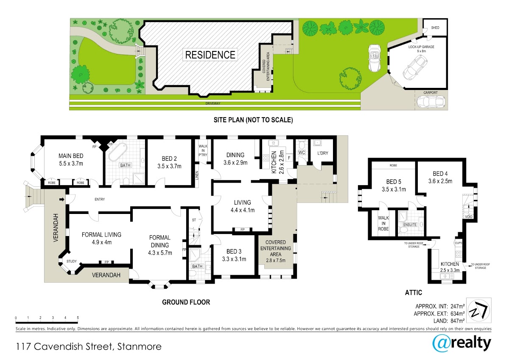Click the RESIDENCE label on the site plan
point(210,55)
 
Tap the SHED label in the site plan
point(435,28)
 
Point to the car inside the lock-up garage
point(415,67)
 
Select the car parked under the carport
point(431,101)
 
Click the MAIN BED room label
point(71,156)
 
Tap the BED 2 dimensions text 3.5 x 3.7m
point(170,166)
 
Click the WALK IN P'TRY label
point(203,150)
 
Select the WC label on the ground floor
point(302,152)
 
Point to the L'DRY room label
point(323,153)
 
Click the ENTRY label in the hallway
point(100,199)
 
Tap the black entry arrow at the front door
point(62,200)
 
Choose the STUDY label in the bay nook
point(71,262)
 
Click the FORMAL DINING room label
point(160,241)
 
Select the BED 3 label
point(234,251)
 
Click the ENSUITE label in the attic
point(410,225)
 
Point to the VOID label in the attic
point(469,217)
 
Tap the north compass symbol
point(478,310)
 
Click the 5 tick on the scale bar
point(78,318)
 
